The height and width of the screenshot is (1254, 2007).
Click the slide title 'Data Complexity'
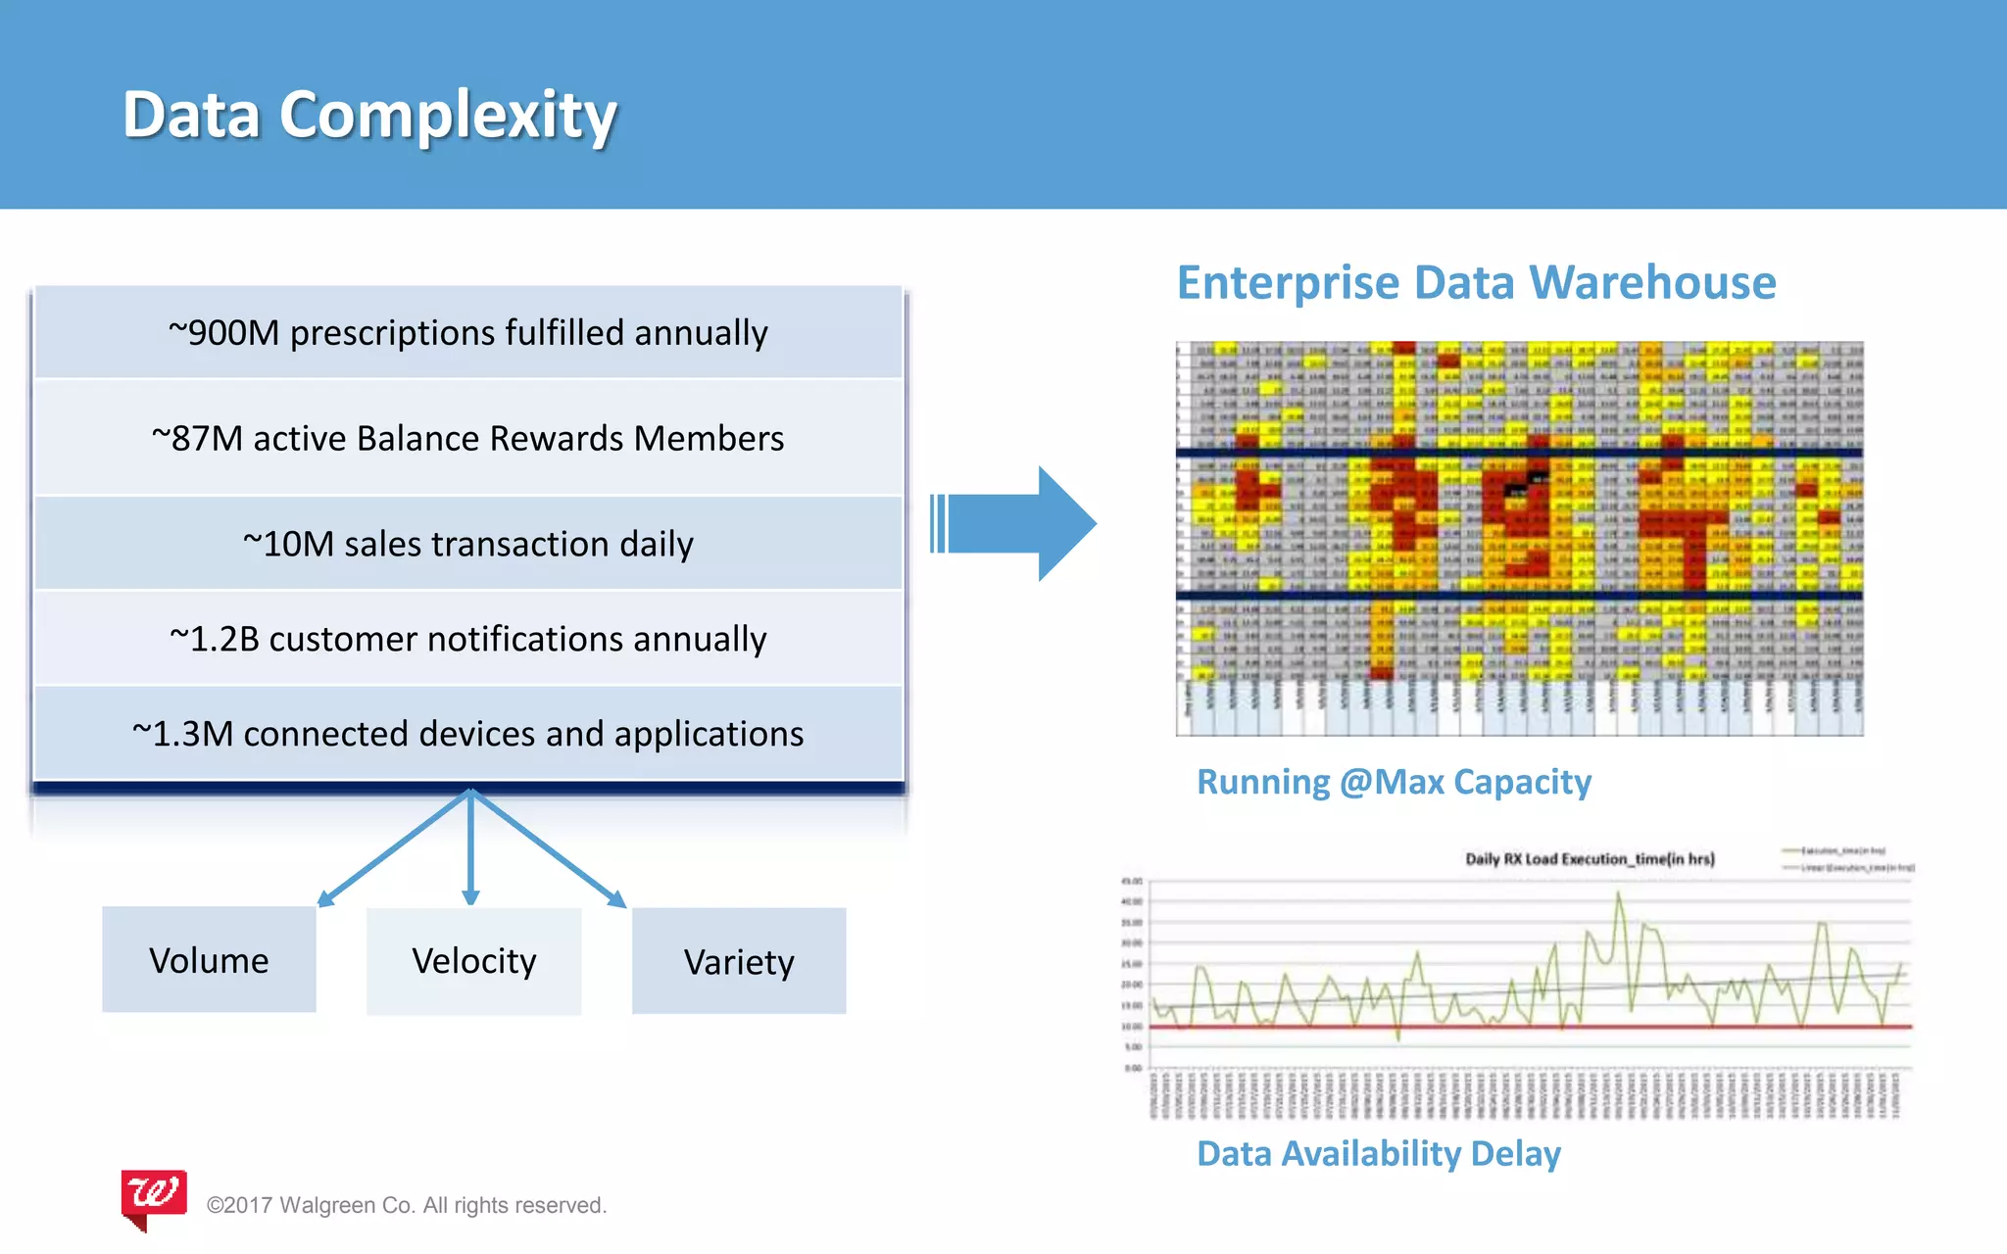369,115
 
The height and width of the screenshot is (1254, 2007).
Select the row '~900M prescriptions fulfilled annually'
467,333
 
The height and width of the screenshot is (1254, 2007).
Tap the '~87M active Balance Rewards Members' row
467,438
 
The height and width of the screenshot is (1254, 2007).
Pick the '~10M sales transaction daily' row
467,544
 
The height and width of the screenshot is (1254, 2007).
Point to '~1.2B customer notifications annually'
467,639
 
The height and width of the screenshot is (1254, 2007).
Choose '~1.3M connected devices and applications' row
467,734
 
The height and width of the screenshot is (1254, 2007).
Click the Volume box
209,960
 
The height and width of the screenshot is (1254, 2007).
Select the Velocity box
473,961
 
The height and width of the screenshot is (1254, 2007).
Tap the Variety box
739,962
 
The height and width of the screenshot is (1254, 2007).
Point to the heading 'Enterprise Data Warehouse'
1476,283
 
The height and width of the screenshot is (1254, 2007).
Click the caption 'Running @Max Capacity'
1394,782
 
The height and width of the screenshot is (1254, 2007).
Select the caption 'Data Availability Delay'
1379,1154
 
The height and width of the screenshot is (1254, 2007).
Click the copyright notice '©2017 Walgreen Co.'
407,1205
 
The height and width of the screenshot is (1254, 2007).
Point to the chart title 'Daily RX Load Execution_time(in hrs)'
1590,859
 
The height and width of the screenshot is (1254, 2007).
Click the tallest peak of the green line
1618,893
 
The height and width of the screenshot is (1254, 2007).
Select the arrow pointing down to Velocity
470,848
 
